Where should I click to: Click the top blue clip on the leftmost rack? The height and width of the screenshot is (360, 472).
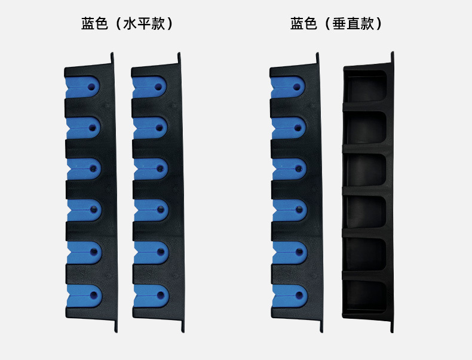pos(82,87)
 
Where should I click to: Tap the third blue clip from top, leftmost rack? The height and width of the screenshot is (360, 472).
pos(83,169)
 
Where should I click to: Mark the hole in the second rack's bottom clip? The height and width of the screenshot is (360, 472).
pos(161,294)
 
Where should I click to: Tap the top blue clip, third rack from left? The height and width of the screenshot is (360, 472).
pos(289,87)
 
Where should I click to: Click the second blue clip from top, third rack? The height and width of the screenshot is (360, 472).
pos(289,127)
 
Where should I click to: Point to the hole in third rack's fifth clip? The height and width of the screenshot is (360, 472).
pos(300,251)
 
